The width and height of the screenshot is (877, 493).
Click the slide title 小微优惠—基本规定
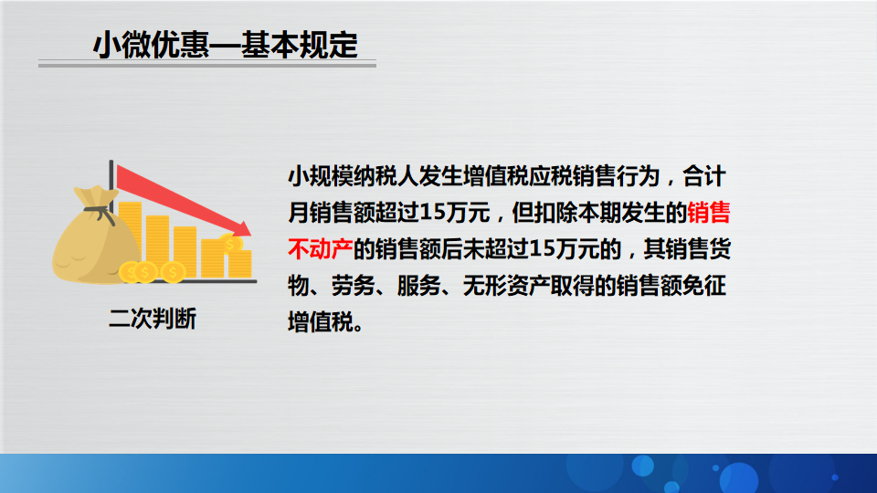tap(226, 45)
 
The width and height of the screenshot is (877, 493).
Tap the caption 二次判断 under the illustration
tap(153, 319)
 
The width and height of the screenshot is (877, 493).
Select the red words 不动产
tap(321, 248)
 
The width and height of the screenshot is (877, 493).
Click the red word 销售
tap(709, 213)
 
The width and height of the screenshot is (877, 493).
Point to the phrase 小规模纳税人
tap(354, 176)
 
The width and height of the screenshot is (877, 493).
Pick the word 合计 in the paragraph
tap(704, 176)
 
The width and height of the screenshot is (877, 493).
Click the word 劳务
tap(354, 286)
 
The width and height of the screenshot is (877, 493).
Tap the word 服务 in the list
tap(419, 286)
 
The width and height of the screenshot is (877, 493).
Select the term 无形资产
tap(506, 286)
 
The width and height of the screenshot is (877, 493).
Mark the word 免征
tap(704, 286)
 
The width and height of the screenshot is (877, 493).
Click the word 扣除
tap(555, 213)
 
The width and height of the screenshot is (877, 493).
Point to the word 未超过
tap(495, 248)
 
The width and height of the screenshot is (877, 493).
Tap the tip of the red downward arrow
tap(250, 235)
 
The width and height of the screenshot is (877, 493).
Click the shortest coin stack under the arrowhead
tap(240, 264)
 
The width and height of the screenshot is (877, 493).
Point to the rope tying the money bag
tap(100, 213)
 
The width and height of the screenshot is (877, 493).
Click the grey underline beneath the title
tap(207, 65)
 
